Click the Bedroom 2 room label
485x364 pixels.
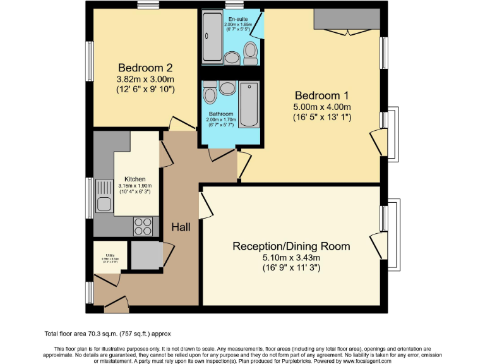145,68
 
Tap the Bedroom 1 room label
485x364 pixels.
322,95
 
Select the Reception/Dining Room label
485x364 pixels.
291,246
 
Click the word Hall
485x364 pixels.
183,226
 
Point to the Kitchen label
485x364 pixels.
135,179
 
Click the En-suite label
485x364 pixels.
238,18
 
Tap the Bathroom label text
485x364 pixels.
221,114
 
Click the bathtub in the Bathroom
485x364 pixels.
249,104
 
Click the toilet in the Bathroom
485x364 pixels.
210,95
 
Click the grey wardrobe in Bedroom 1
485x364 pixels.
347,20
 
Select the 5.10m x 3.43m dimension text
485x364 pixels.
291,257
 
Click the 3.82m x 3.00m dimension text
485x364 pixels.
145,79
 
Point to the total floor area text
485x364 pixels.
107,333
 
